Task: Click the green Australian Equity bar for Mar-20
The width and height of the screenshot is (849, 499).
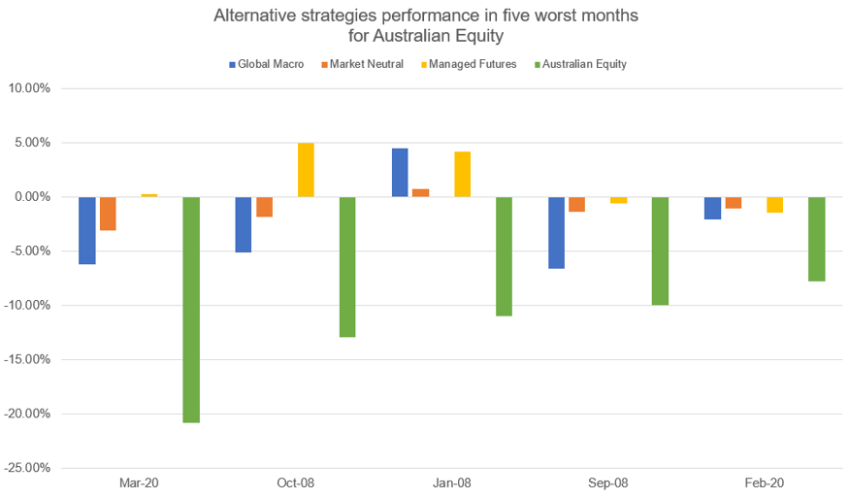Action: point(191,310)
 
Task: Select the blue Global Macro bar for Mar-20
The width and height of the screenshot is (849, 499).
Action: point(87,230)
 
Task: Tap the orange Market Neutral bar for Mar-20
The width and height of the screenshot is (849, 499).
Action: point(108,214)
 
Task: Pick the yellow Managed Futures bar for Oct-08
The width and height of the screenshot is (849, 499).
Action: point(306,170)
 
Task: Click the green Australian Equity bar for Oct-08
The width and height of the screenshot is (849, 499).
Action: point(347,267)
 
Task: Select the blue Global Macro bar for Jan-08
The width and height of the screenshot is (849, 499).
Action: point(400,173)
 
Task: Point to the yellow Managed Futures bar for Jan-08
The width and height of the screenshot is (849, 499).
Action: point(462,175)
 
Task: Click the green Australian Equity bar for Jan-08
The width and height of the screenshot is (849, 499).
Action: point(504,256)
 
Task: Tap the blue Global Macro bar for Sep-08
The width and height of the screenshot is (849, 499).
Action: point(556,232)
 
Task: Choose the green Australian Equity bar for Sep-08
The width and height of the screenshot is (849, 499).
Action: point(660,250)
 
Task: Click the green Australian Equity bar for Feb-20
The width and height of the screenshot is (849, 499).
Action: point(816,239)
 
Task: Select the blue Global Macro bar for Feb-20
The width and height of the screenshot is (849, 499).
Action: point(712,208)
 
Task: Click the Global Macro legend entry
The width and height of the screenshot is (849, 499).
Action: point(267,64)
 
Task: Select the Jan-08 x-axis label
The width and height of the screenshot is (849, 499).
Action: point(451,482)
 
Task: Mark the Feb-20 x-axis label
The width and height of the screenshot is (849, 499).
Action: point(764,482)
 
